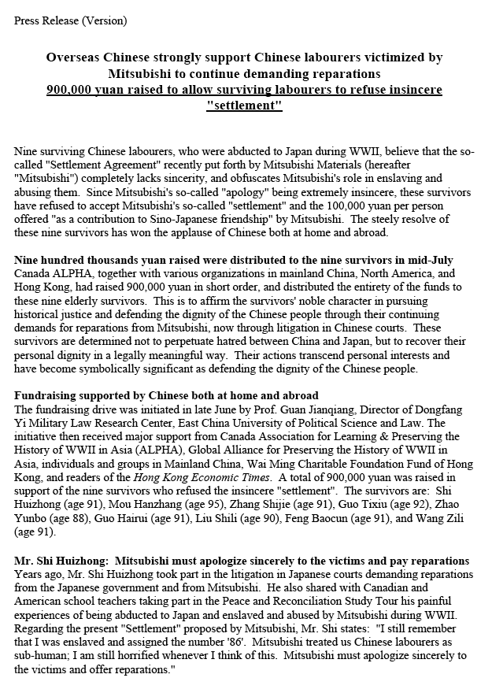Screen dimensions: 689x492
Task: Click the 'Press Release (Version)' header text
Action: click(x=70, y=20)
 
